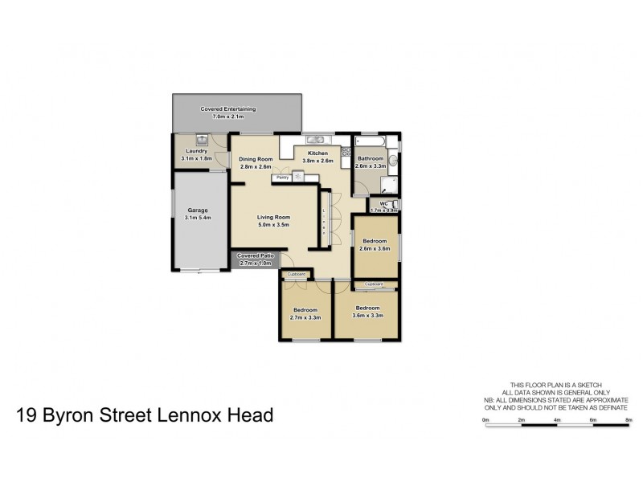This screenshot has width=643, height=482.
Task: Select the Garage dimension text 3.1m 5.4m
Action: click(198, 218)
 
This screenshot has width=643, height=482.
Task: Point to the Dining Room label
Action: click(256, 159)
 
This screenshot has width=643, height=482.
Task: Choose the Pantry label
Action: click(282, 177)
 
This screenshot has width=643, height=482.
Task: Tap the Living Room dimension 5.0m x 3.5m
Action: click(273, 225)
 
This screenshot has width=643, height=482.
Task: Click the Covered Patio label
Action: click(256, 255)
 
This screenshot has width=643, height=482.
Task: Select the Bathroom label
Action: click(371, 158)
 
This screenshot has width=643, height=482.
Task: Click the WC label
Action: click(384, 203)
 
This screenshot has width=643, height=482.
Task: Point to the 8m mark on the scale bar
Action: click(629, 419)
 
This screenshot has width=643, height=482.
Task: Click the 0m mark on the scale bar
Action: click(485, 419)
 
